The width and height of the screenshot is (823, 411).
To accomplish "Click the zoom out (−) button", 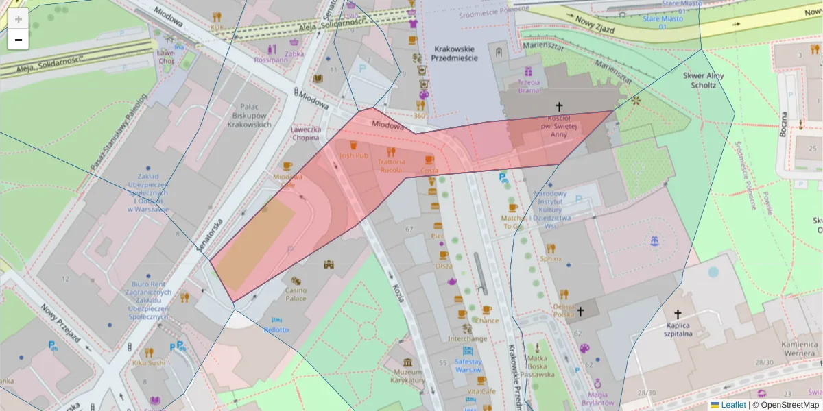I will (x=18, y=40).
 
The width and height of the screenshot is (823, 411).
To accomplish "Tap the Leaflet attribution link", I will (x=732, y=405).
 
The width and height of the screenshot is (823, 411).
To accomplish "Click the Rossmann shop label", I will (x=270, y=60).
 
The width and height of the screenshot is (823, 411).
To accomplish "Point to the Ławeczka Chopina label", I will (x=305, y=133).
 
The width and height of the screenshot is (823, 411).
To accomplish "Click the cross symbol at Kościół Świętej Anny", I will (x=559, y=106).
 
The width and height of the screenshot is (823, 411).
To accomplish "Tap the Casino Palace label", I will (x=296, y=294).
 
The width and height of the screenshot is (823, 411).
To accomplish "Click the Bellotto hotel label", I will (x=276, y=329).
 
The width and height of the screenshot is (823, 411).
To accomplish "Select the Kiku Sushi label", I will (x=148, y=362).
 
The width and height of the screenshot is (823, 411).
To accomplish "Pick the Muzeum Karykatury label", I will (x=408, y=375).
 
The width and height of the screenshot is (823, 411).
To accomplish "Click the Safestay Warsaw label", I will (x=468, y=365).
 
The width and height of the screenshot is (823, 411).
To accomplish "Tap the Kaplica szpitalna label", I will (x=678, y=329).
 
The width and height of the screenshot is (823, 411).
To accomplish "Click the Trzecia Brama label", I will (x=529, y=86).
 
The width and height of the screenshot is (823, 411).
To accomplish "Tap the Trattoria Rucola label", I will (x=391, y=165).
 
